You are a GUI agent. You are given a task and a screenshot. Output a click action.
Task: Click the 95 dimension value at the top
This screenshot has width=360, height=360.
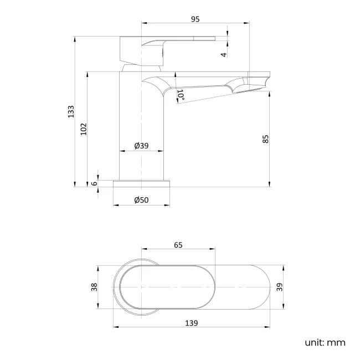[195, 19]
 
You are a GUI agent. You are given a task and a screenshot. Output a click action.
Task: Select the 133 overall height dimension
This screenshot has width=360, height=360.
[70, 112]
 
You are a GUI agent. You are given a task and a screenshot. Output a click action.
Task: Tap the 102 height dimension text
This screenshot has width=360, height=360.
[84, 129]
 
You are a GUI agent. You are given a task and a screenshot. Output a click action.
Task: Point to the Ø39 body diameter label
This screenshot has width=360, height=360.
[141, 146]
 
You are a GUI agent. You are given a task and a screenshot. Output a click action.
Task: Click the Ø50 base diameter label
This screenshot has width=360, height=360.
[141, 200]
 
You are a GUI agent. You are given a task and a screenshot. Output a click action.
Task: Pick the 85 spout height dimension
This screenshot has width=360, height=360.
[265, 139]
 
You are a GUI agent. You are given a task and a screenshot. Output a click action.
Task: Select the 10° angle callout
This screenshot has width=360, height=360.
[181, 95]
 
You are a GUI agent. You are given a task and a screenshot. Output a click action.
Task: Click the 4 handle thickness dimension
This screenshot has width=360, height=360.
[223, 54]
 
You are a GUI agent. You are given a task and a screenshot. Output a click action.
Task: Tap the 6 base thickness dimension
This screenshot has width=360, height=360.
[94, 183]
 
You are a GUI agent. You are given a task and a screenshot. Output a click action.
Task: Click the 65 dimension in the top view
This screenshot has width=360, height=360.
[178, 244]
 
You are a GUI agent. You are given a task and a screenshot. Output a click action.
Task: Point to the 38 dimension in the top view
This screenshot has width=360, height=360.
[94, 287]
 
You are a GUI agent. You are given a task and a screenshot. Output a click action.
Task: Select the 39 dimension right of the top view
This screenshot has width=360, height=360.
[280, 287]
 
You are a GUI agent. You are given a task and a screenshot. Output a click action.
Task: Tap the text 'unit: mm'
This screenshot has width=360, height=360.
[325, 342]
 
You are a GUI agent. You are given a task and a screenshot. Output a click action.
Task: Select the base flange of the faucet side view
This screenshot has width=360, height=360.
[142, 183]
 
